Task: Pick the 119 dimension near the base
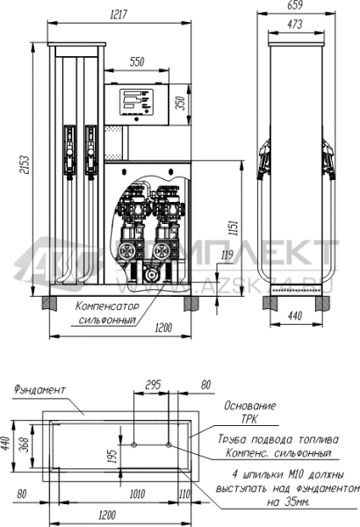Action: click(x=227, y=256)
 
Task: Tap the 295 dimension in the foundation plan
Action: click(x=153, y=384)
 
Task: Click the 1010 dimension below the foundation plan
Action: click(x=137, y=494)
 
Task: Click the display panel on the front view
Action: click(x=136, y=103)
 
